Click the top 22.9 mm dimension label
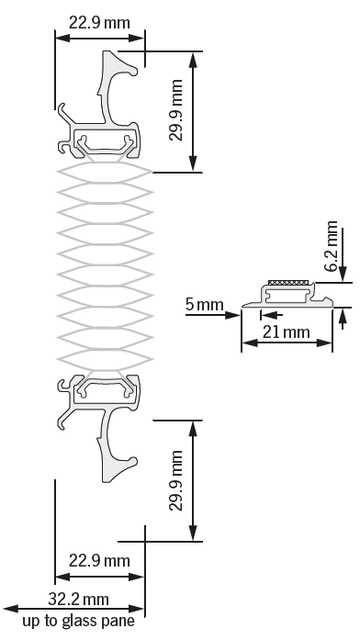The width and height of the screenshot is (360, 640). [99, 21]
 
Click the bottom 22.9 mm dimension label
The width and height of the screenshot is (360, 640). [99, 559]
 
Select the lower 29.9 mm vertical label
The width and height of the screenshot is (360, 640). [177, 481]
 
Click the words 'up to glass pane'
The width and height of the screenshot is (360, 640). [78, 621]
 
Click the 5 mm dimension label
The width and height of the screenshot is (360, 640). [200, 303]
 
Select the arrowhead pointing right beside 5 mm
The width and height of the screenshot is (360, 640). [235, 313]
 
